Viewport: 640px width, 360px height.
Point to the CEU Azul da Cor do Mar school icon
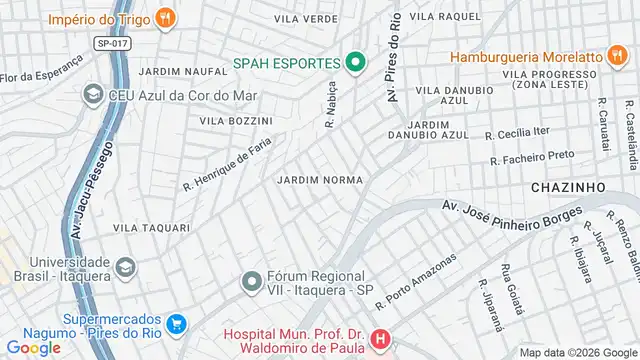[x=93, y=95]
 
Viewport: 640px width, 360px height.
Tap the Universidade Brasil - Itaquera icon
[x=125, y=267]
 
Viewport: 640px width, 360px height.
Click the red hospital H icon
[x=380, y=341]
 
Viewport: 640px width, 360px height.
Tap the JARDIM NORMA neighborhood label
[x=319, y=180]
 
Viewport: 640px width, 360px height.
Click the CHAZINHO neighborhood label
[x=565, y=187]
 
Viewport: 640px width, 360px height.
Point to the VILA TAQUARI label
[x=151, y=228]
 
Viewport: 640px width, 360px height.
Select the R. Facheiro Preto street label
[x=532, y=157]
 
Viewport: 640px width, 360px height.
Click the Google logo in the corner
[x=34, y=348]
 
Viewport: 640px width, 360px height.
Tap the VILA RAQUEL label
[x=445, y=17]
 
